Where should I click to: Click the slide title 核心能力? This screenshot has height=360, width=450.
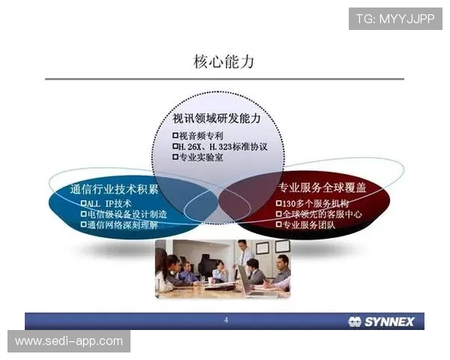[224, 61]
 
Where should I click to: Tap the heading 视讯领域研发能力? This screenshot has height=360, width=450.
[217, 119]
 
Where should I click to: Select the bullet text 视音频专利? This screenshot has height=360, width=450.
[201, 136]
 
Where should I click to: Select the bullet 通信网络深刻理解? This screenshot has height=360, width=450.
[121, 224]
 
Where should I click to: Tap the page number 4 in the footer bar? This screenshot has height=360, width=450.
[226, 321]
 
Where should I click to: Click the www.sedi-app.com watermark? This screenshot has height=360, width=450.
[68, 341]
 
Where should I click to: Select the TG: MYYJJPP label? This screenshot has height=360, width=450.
[395, 18]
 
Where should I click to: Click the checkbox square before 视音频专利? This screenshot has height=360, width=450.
[175, 136]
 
